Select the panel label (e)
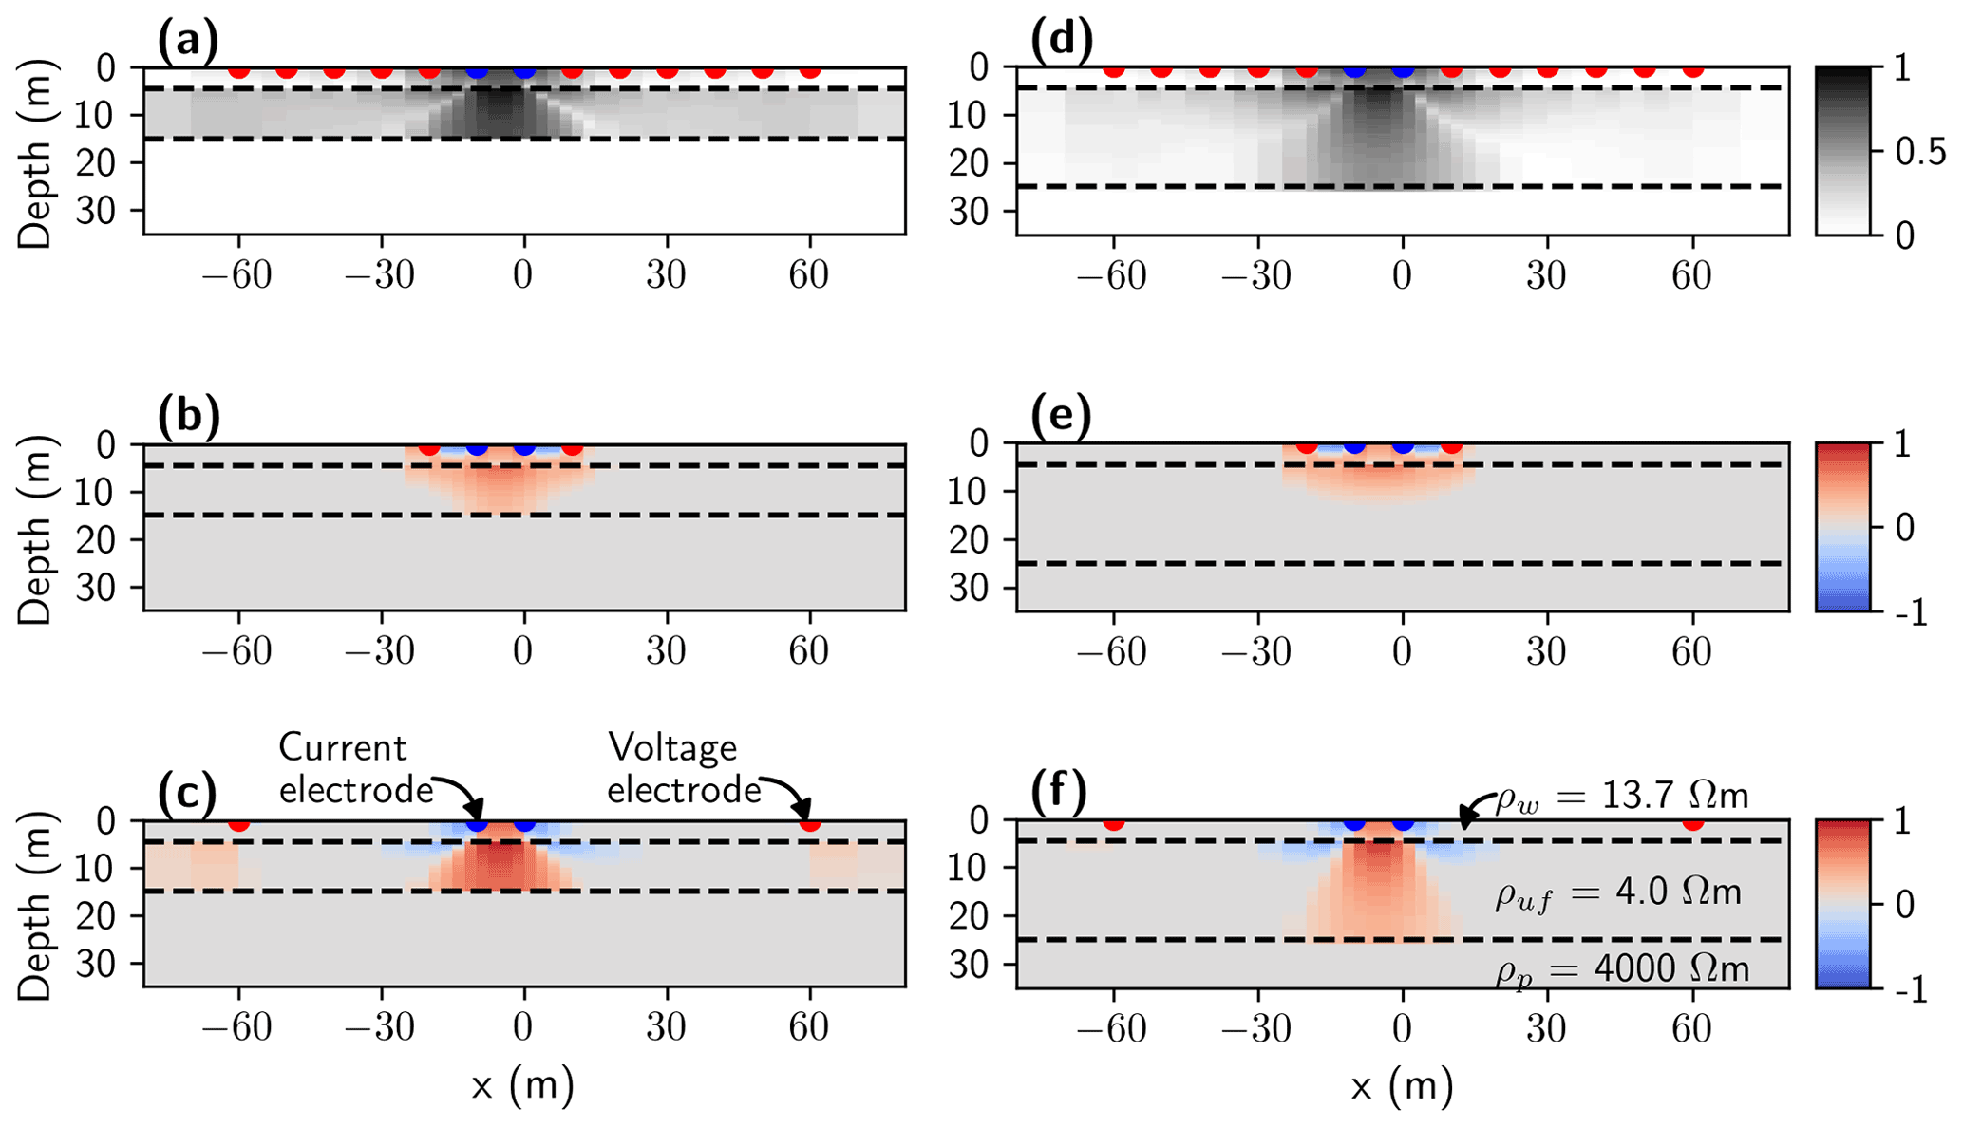click(1062, 416)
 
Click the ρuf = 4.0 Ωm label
click(1617, 893)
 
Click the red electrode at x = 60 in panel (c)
click(809, 823)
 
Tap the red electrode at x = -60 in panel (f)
click(1114, 822)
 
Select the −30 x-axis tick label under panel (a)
click(381, 276)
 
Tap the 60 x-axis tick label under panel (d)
click(1691, 276)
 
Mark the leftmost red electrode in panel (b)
click(429, 447)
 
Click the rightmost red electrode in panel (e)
click(1451, 446)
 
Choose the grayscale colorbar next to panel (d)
click(1842, 150)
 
